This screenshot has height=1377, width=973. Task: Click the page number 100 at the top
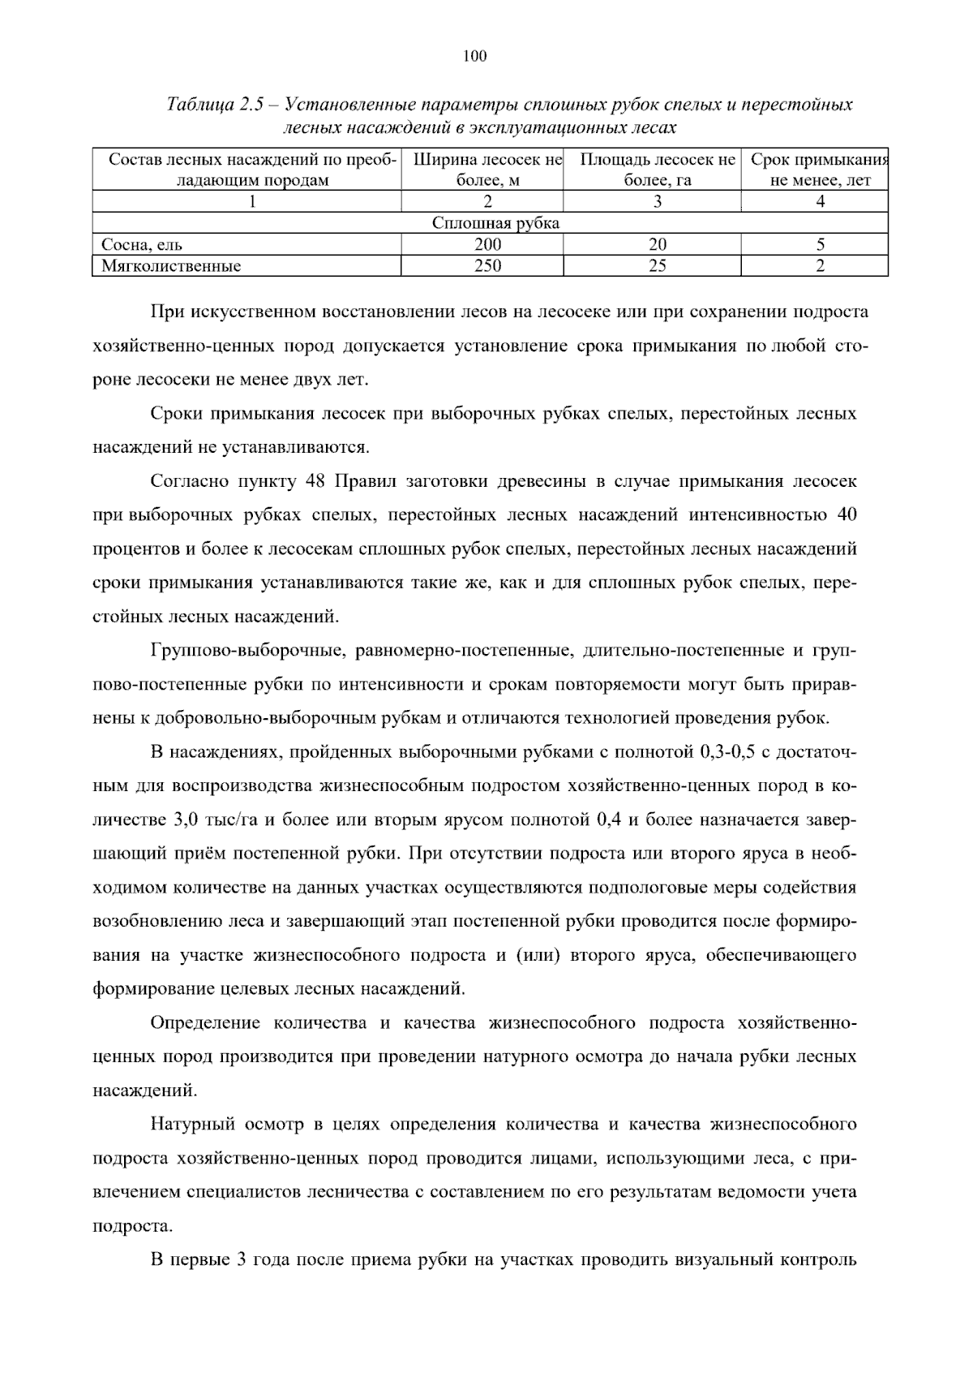tap(475, 56)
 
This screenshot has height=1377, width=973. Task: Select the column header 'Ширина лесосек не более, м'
tap(488, 170)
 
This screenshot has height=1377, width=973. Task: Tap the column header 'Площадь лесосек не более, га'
tap(658, 170)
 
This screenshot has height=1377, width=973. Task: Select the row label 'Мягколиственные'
tap(171, 266)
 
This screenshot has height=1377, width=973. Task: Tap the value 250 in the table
tap(488, 266)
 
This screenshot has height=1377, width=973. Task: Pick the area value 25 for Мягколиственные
tap(658, 266)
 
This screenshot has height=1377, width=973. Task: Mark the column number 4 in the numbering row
tap(821, 202)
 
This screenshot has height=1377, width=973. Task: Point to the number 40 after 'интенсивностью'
tap(847, 515)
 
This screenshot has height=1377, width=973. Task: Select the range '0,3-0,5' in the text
tap(727, 752)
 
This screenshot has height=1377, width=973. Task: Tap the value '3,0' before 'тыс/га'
tap(188, 820)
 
